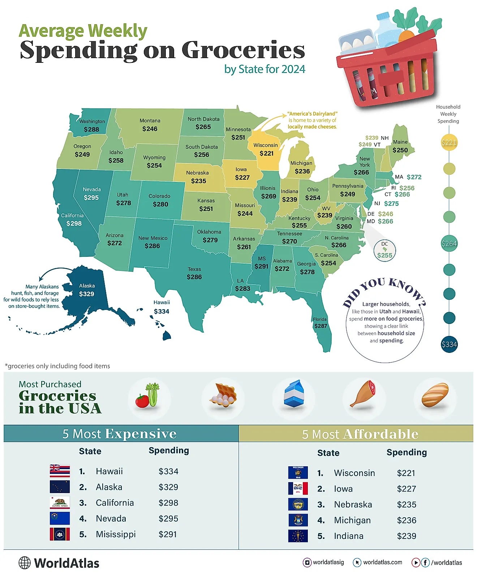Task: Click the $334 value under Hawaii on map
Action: (x=161, y=311)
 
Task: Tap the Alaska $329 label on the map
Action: (x=87, y=290)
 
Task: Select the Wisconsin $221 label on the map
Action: (x=266, y=149)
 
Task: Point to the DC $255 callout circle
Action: (x=384, y=250)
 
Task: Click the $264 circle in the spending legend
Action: (x=449, y=243)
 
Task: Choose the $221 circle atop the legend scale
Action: (x=449, y=142)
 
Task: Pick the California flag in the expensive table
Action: (x=60, y=502)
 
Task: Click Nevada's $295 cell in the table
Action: (x=168, y=519)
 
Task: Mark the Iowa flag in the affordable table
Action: (x=298, y=488)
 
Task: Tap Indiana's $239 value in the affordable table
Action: (x=407, y=536)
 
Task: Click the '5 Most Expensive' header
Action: (x=120, y=433)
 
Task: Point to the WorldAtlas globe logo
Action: (x=25, y=563)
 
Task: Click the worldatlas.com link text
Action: (x=382, y=562)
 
